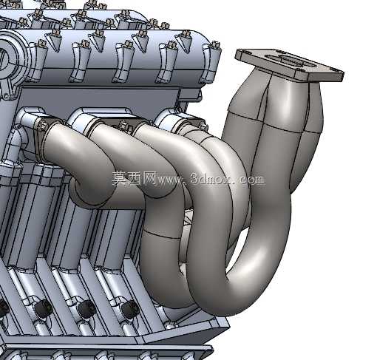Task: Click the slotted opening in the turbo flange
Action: click(x=291, y=61)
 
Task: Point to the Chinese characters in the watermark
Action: click(x=135, y=178)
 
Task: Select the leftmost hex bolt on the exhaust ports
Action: click(x=42, y=125)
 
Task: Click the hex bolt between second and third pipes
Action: click(x=124, y=125)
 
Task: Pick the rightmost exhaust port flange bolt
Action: click(x=203, y=126)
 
